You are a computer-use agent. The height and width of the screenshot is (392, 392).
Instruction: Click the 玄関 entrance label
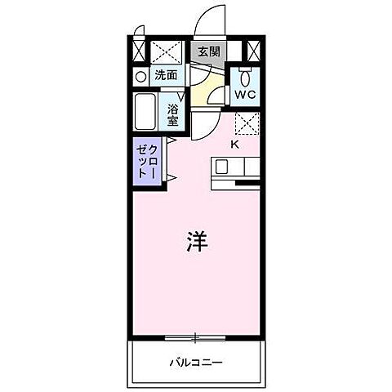click(208, 51)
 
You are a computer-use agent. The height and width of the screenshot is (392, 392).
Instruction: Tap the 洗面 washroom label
click(167, 75)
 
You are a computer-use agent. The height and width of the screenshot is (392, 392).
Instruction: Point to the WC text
click(244, 95)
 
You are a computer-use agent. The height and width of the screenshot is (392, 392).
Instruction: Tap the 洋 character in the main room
click(196, 243)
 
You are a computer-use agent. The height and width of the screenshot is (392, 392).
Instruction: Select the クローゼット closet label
click(147, 159)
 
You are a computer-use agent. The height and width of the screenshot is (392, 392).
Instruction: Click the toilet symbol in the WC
click(245, 78)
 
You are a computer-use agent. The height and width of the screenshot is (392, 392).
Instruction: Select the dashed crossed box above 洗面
click(168, 51)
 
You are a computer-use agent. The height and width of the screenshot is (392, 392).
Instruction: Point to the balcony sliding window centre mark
click(195, 336)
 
